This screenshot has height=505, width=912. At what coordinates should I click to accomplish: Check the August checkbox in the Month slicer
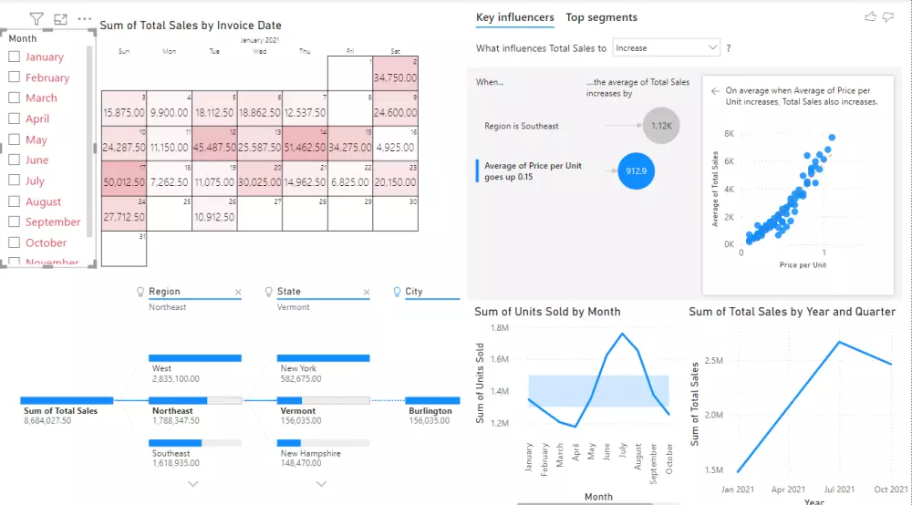click(14, 201)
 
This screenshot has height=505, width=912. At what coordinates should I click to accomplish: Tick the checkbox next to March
click(14, 98)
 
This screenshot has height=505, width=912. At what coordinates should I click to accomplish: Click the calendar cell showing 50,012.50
click(123, 182)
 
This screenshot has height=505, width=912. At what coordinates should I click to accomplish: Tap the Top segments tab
click(601, 17)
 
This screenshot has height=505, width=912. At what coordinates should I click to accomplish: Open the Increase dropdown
click(666, 47)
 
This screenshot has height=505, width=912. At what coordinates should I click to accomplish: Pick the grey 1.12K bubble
click(661, 126)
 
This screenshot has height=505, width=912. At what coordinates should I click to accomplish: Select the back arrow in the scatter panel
click(713, 90)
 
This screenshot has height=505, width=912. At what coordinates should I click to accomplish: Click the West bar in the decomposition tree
click(194, 358)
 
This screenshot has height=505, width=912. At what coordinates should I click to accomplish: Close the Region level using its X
click(238, 293)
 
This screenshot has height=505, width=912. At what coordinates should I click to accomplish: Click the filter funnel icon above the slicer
click(36, 18)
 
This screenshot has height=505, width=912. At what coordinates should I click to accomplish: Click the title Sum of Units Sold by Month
click(547, 312)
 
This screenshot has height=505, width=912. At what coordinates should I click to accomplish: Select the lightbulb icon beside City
click(397, 292)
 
